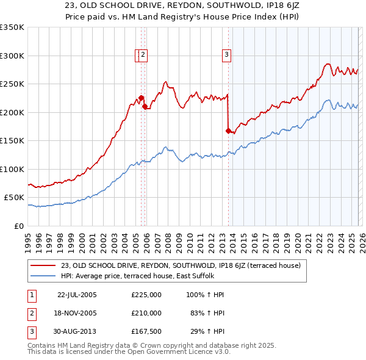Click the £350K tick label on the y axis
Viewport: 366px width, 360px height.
click(12, 27)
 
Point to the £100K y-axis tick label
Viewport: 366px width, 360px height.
click(12, 169)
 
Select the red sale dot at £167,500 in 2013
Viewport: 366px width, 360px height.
click(228, 131)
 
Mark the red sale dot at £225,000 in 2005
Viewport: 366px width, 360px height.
click(141, 98)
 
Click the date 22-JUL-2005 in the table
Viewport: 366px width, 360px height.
click(77, 295)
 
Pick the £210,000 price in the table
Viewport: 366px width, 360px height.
click(146, 313)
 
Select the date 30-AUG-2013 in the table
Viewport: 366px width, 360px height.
click(77, 331)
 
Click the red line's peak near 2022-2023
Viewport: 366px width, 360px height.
click(328, 63)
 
